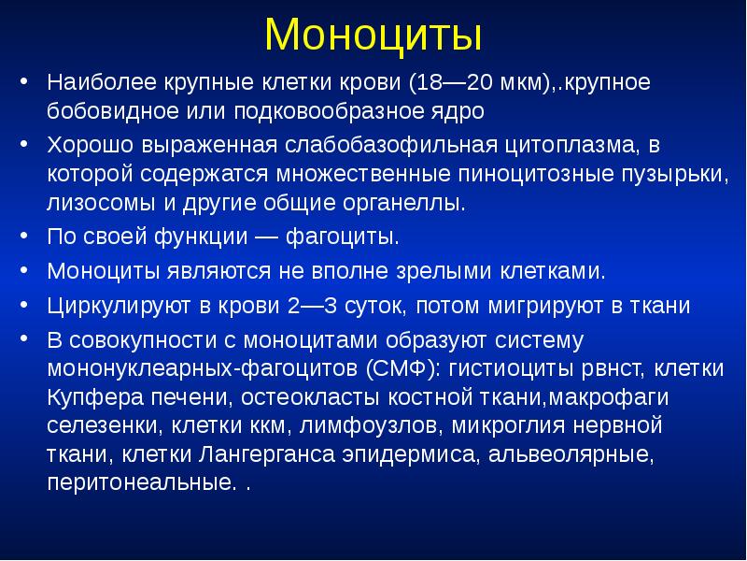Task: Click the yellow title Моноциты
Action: (x=373, y=36)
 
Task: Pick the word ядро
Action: (x=462, y=111)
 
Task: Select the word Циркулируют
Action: (x=109, y=307)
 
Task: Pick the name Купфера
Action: (x=90, y=397)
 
